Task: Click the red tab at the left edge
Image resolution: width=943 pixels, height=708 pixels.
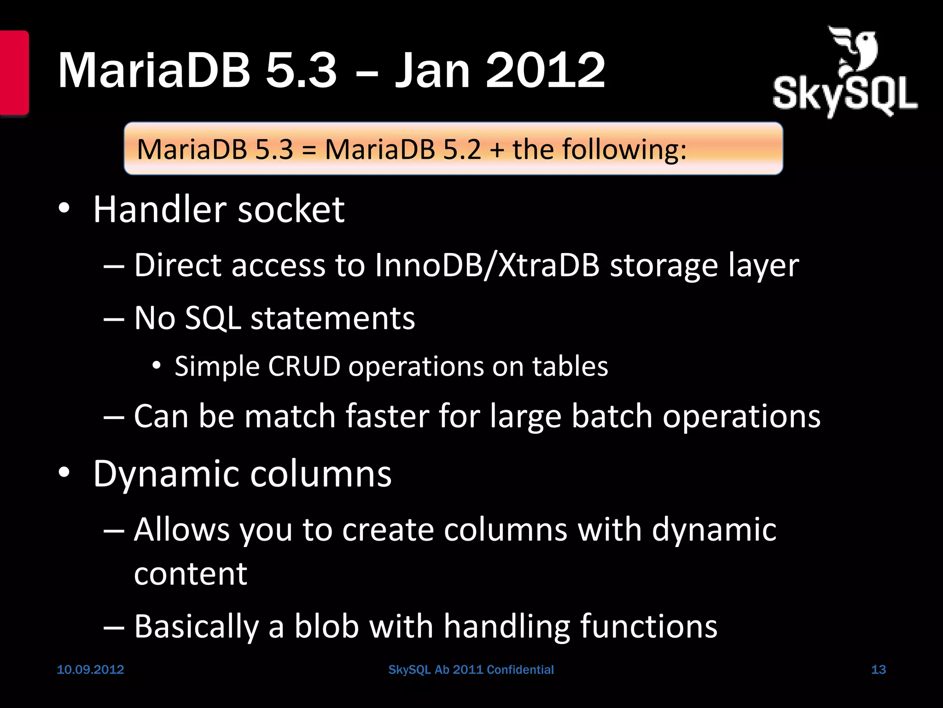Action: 14,72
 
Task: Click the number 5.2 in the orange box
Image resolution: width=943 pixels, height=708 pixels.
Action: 462,149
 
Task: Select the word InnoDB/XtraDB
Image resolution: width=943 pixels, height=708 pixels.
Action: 487,265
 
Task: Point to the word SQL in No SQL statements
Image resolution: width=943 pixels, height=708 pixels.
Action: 213,318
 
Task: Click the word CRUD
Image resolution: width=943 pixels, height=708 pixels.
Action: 304,366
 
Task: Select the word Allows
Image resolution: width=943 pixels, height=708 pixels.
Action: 182,529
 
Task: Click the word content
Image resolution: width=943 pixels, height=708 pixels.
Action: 191,574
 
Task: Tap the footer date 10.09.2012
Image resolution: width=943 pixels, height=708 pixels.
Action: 90,670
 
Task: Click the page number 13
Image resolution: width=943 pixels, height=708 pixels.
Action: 879,670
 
